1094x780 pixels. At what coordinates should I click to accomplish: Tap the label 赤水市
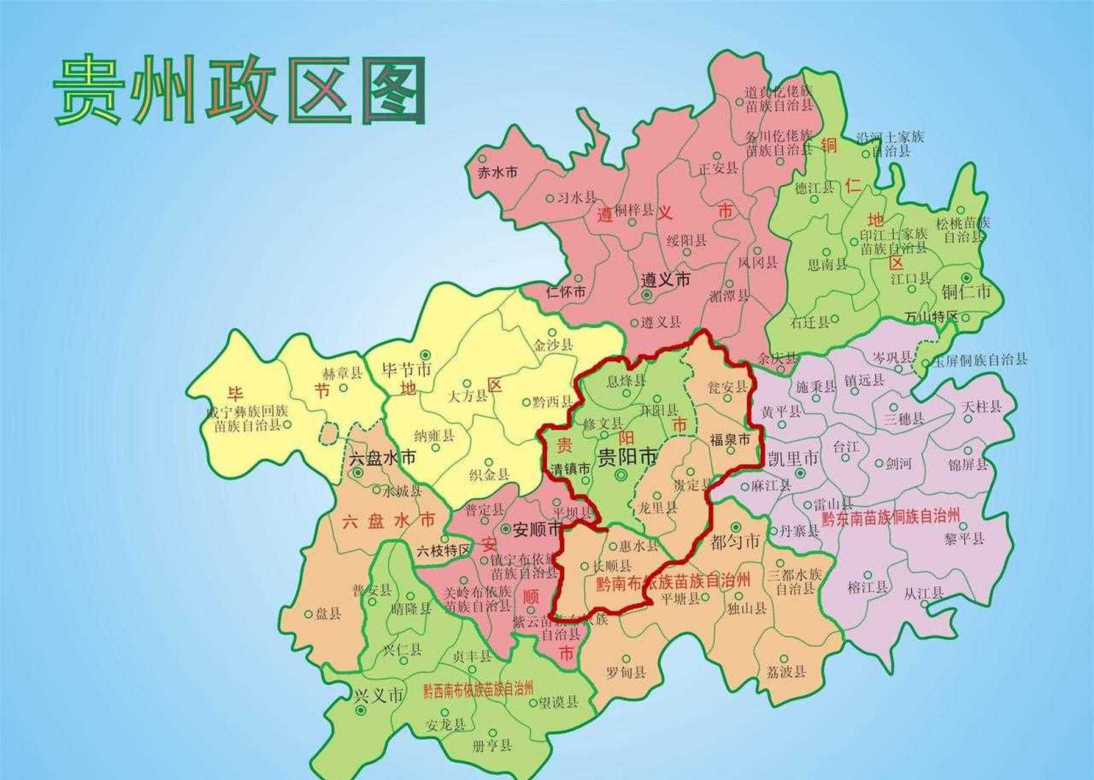tap(497, 172)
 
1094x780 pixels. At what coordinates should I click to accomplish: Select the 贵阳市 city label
tap(627, 456)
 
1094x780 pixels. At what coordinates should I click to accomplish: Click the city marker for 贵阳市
tap(621, 475)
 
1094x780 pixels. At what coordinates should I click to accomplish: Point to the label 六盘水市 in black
tap(382, 458)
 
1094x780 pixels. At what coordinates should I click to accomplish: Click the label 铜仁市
tap(966, 292)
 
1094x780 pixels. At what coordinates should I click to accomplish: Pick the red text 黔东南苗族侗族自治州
tap(890, 518)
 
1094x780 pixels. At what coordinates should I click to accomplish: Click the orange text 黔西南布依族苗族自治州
tap(478, 690)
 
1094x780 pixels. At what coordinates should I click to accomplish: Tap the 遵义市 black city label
tap(665, 280)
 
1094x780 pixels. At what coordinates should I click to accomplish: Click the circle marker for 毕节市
tap(425, 354)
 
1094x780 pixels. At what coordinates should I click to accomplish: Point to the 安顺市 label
tap(536, 530)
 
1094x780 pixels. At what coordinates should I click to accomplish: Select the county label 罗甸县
tap(626, 673)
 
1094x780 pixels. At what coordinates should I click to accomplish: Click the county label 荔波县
tap(786, 672)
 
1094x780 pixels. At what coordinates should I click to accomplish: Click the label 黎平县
tap(965, 538)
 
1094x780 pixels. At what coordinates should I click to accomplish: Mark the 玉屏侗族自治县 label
tap(979, 360)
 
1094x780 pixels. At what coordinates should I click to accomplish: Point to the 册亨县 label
tap(492, 745)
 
